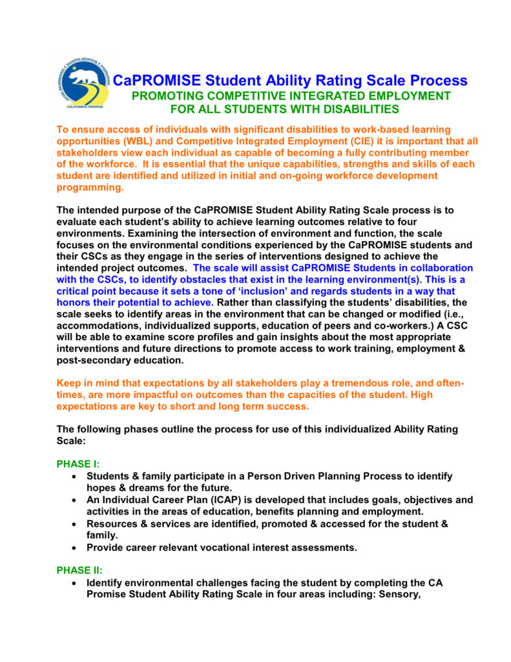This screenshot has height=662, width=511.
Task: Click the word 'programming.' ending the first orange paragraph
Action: point(90,187)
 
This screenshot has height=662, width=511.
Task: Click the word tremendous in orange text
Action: point(340,383)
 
